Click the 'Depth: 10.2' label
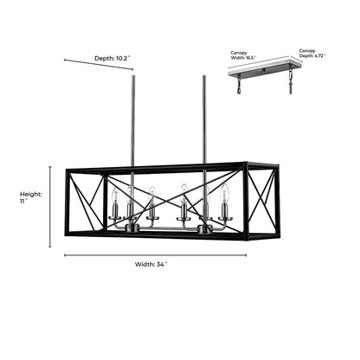(x=112, y=58)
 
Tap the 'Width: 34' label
(x=151, y=264)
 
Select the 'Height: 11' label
(x=30, y=197)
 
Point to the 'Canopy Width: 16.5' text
(x=243, y=55)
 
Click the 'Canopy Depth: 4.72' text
(x=312, y=53)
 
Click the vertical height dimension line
(x=50, y=207)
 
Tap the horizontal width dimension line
(x=155, y=255)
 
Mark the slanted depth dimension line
(x=99, y=64)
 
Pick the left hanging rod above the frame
(x=133, y=120)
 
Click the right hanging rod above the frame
(x=204, y=120)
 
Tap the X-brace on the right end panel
(x=261, y=200)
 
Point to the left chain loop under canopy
(x=239, y=85)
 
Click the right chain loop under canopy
(x=291, y=80)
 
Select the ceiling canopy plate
(x=265, y=67)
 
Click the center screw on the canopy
(x=263, y=70)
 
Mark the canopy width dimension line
(x=258, y=62)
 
